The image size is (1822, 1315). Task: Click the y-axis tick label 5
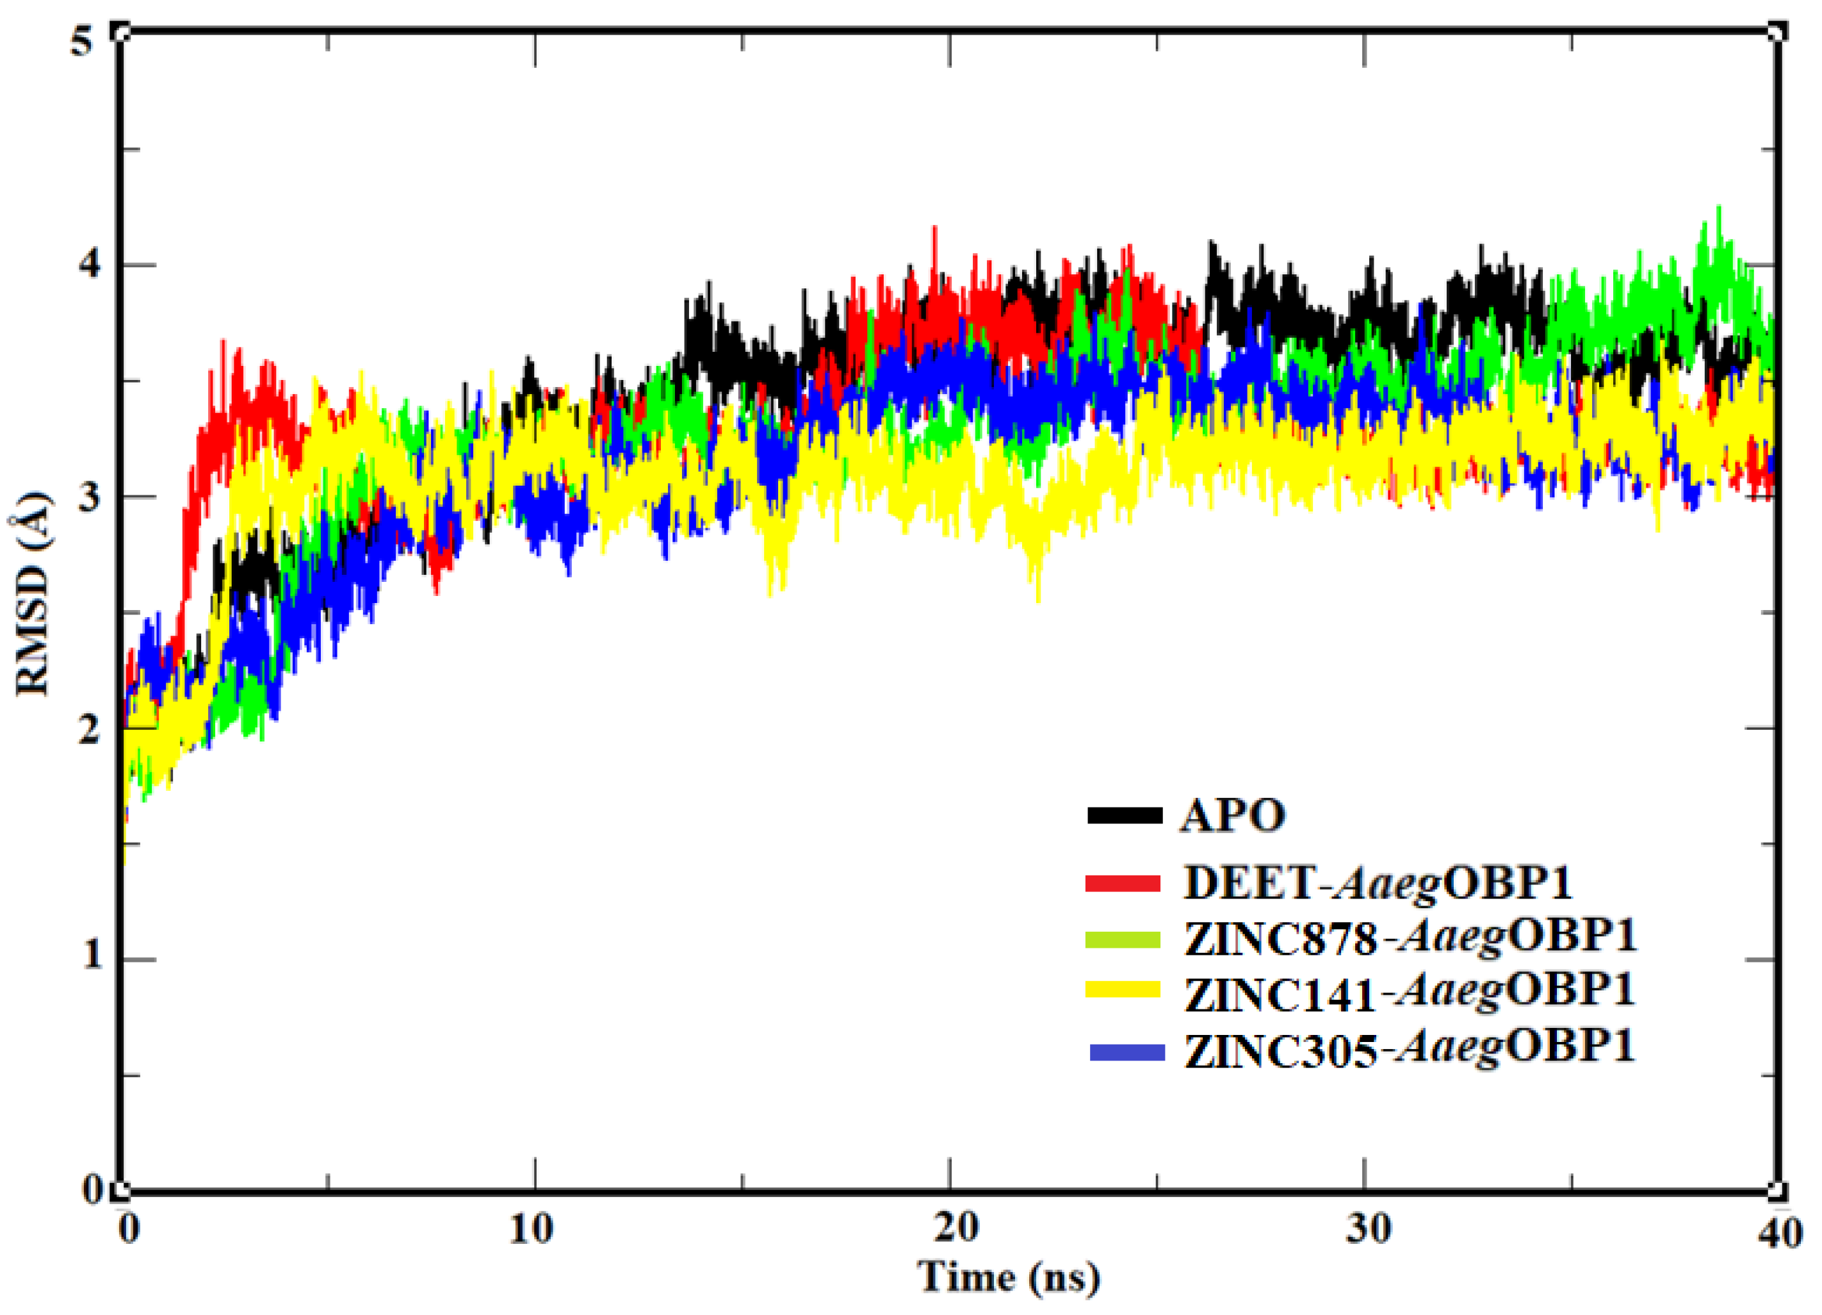point(82,38)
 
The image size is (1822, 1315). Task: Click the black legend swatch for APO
point(1125,815)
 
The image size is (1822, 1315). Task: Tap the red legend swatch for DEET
point(1123,882)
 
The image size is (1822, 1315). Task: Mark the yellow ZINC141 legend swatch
point(1123,989)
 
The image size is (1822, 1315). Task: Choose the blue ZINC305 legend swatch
point(1127,1052)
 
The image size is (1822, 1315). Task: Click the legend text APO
point(1232,815)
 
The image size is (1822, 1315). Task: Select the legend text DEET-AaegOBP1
point(1377,882)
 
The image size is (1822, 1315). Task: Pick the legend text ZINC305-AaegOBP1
point(1410,1050)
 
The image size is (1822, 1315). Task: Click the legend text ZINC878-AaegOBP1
point(1410,937)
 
